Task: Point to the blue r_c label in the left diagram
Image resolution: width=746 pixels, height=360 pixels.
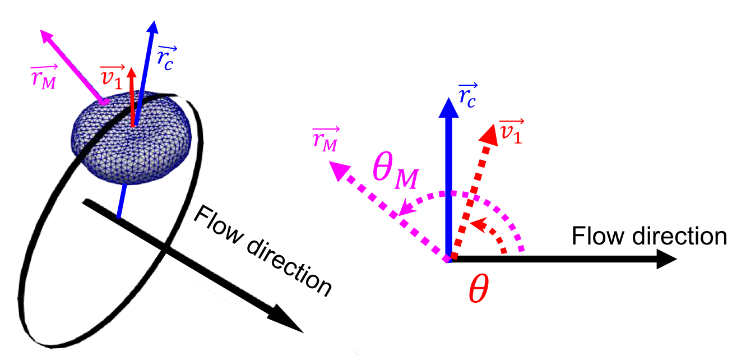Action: (163, 60)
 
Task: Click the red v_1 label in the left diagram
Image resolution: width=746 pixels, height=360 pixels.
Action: (112, 77)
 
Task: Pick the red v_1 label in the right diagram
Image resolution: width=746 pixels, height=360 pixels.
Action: (510, 132)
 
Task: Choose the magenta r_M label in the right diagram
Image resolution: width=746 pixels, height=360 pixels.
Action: (325, 141)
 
